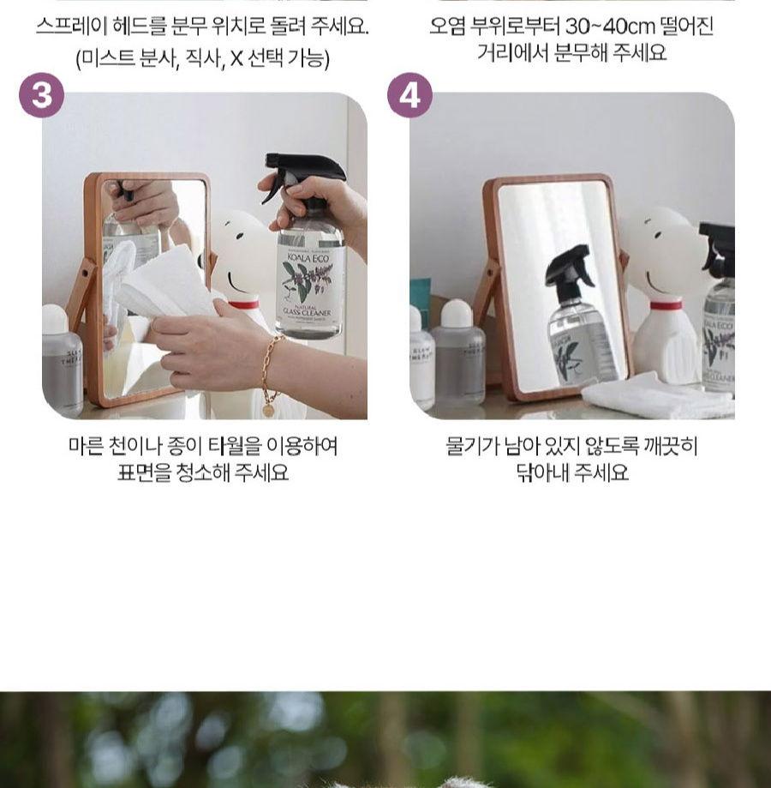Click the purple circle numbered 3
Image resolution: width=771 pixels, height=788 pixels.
[x=41, y=95]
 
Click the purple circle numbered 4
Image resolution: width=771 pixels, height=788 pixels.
[x=409, y=95]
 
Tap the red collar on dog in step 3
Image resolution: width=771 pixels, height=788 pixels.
[x=243, y=304]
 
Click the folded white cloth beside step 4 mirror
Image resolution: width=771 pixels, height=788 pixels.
[x=655, y=397]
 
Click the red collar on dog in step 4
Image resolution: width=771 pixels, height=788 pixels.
[x=666, y=304]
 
